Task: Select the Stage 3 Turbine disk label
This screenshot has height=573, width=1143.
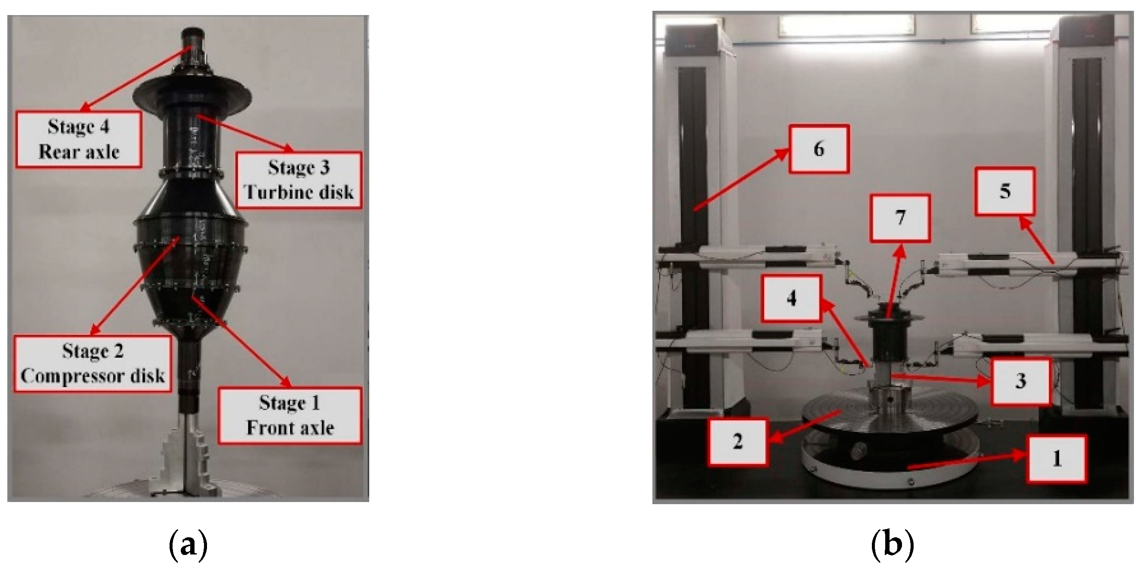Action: pos(299,180)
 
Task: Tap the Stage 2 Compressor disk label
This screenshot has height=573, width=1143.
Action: pos(93,364)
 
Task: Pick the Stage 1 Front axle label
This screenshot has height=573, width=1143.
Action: pos(290,416)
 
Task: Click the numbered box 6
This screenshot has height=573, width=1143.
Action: pos(819,149)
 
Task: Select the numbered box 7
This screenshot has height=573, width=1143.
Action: pos(900,218)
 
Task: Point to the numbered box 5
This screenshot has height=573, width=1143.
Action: pos(1005,191)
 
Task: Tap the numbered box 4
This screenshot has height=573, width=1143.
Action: pos(791,298)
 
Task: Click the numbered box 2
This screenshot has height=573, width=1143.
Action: pos(738,442)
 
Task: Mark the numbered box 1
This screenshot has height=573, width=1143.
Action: pos(1057,459)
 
